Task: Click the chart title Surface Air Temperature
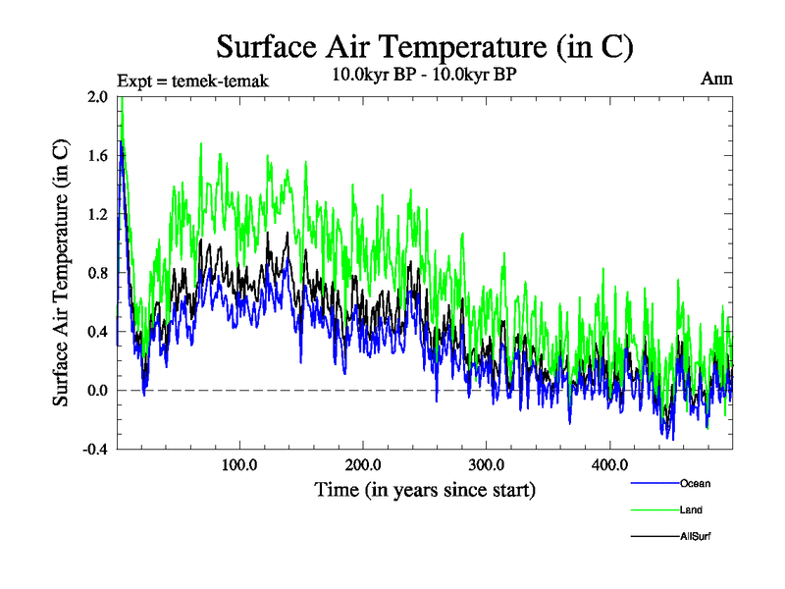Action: click(425, 47)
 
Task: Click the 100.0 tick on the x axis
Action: click(239, 464)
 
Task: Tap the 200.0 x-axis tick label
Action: click(363, 464)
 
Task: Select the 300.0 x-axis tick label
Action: click(487, 464)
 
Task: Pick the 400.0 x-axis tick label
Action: click(609, 464)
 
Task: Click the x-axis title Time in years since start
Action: click(425, 489)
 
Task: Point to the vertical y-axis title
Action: click(61, 273)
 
